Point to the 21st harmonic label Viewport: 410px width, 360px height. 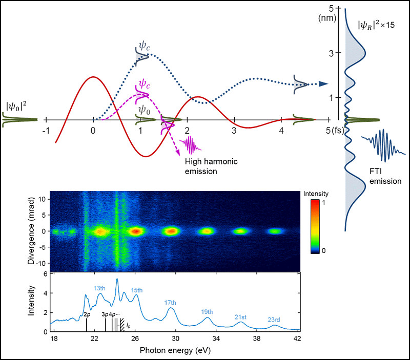(x=241, y=317)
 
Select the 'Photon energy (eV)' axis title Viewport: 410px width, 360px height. (x=175, y=352)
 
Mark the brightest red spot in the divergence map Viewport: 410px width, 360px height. (x=135, y=231)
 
